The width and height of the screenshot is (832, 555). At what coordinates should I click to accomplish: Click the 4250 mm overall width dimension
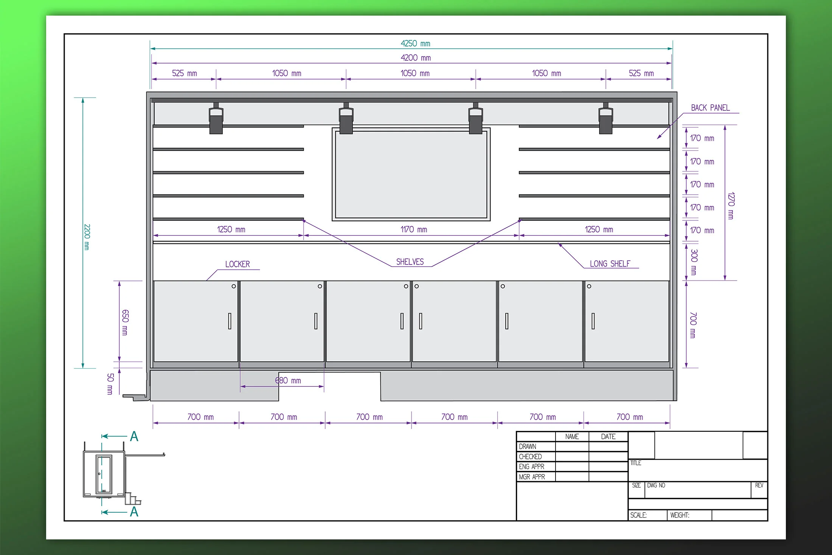415,43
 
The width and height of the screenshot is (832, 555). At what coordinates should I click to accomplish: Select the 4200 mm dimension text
416,58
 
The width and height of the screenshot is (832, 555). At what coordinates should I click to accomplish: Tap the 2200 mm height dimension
87,237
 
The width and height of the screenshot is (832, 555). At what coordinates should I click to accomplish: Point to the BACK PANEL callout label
710,108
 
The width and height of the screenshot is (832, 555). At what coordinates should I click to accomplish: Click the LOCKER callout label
237,264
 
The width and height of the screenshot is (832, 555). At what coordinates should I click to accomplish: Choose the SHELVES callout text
410,262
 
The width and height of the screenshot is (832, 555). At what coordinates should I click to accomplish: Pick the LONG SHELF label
610,264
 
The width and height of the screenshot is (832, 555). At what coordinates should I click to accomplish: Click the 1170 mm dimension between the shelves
414,229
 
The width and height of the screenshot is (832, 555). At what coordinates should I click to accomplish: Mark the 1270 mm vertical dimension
731,206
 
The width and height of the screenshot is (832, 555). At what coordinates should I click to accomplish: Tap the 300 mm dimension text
694,262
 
